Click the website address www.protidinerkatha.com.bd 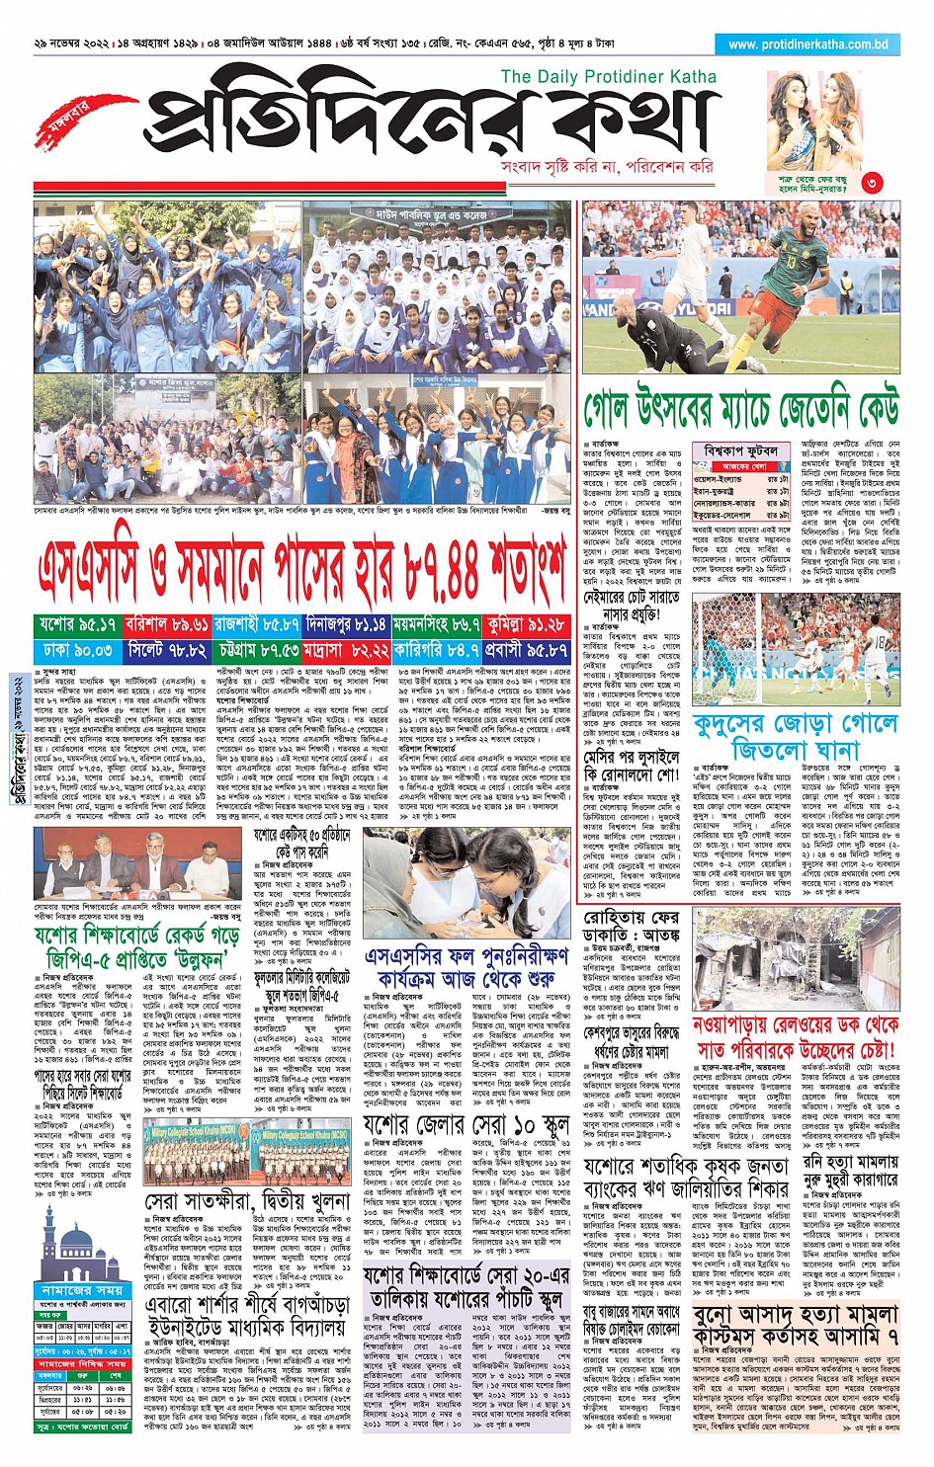click(x=807, y=44)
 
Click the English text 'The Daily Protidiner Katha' click(x=608, y=76)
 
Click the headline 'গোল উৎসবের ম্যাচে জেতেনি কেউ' click(x=740, y=408)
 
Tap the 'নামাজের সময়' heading click(x=82, y=1290)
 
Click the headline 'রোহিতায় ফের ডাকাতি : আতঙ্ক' click(x=631, y=931)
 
